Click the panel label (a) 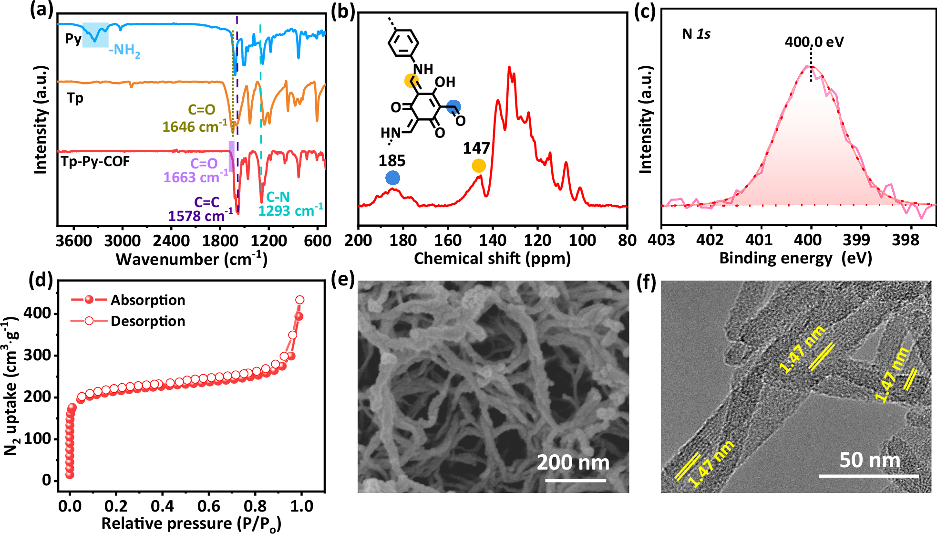point(41,10)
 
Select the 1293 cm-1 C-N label point(290,204)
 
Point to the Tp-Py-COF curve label point(95,161)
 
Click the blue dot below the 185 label point(392,178)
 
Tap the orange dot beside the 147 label point(479,166)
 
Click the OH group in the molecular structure point(445,82)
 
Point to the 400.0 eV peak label point(814,42)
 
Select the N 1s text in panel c point(696,34)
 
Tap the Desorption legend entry point(148,321)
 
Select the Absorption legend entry point(148,300)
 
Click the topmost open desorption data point point(299,300)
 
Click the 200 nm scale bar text point(573,462)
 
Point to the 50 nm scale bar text point(870,461)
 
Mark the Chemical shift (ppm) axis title point(492,259)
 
